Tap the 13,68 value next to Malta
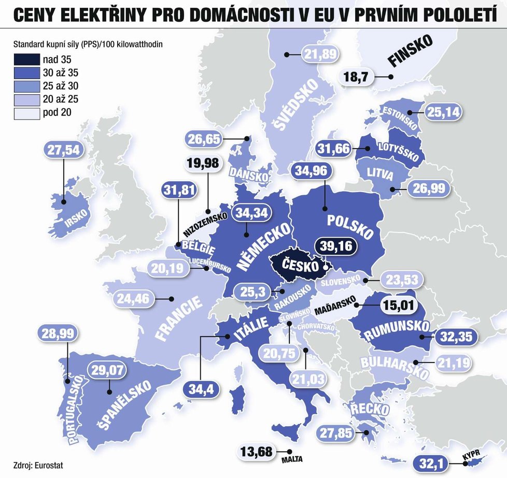(x=257, y=452)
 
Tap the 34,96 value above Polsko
(x=312, y=172)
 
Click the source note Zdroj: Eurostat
(x=35, y=464)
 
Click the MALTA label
(x=291, y=459)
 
